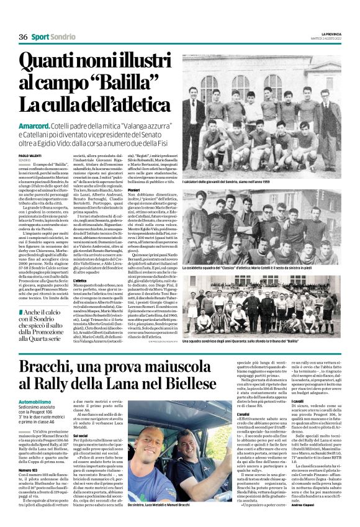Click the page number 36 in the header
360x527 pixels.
(x=23, y=37)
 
